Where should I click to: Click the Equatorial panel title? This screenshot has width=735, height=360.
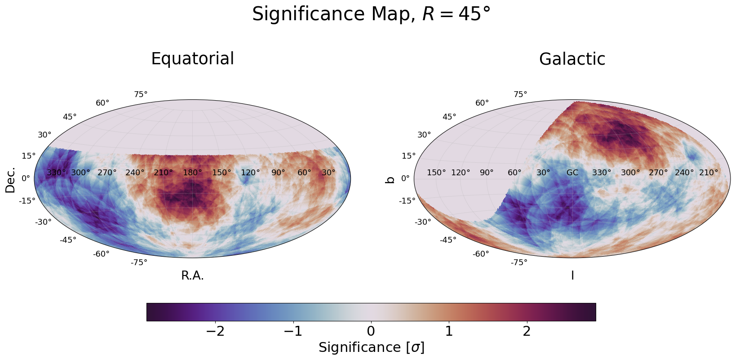[x=192, y=59]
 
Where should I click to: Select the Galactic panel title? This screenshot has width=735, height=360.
[x=572, y=59]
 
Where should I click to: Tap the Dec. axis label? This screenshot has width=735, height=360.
[x=10, y=179]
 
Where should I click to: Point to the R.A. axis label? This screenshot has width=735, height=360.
[x=192, y=276]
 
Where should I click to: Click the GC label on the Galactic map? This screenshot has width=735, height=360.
[x=572, y=173]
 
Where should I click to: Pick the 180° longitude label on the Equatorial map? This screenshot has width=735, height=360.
[x=192, y=173]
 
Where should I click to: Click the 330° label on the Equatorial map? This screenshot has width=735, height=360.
[x=56, y=173]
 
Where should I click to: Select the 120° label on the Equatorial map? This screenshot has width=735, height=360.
[x=250, y=173]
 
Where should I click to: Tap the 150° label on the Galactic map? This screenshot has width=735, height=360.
[x=436, y=173]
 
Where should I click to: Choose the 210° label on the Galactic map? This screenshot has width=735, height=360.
[x=708, y=173]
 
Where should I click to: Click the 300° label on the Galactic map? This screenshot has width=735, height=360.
[x=630, y=173]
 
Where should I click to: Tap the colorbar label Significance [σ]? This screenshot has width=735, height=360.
[x=371, y=348]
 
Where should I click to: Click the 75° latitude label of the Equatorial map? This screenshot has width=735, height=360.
[x=141, y=94]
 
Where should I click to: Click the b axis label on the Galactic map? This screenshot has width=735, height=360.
[x=390, y=179]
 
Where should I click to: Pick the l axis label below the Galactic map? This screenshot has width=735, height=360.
[x=572, y=276]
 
